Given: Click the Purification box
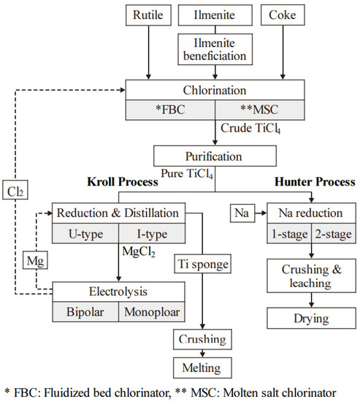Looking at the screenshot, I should click(215, 155).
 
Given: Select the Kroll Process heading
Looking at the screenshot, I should click(118, 181).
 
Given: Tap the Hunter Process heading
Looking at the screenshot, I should click(314, 181).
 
